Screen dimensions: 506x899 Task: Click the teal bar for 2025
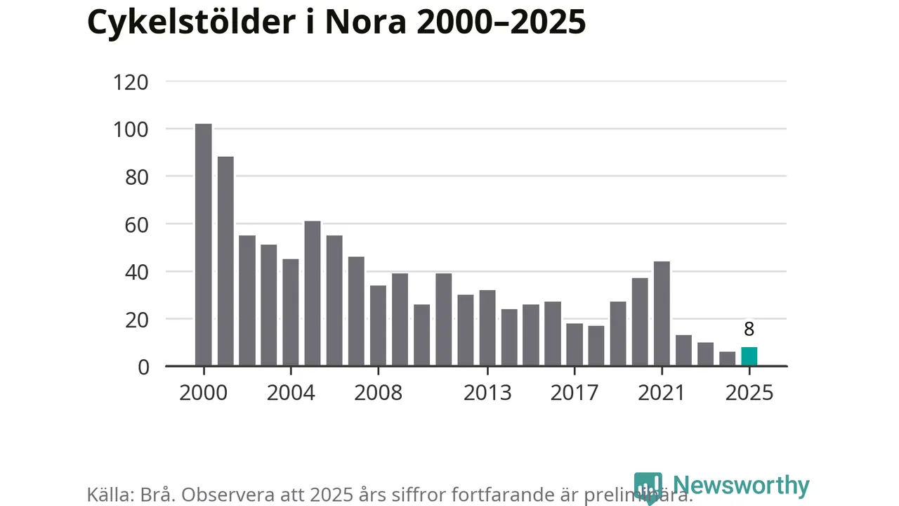pyautogui.click(x=749, y=356)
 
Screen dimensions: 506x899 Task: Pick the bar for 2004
pyautogui.click(x=291, y=313)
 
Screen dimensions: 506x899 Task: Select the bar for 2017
pyautogui.click(x=575, y=344)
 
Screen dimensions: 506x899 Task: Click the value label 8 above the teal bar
pyautogui.click(x=749, y=329)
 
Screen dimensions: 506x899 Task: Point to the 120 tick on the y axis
pyautogui.click(x=131, y=82)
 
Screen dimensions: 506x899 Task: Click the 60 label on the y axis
pyautogui.click(x=131, y=225)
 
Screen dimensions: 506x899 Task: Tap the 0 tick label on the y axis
pyautogui.click(x=143, y=367)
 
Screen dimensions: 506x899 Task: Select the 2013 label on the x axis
pyautogui.click(x=487, y=392)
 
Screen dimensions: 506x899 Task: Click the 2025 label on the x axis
pyautogui.click(x=749, y=392)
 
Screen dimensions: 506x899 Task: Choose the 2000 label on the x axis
pyautogui.click(x=204, y=392)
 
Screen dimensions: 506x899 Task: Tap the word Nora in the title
pyautogui.click(x=365, y=22)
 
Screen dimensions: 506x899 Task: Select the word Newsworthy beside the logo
pyautogui.click(x=740, y=486)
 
